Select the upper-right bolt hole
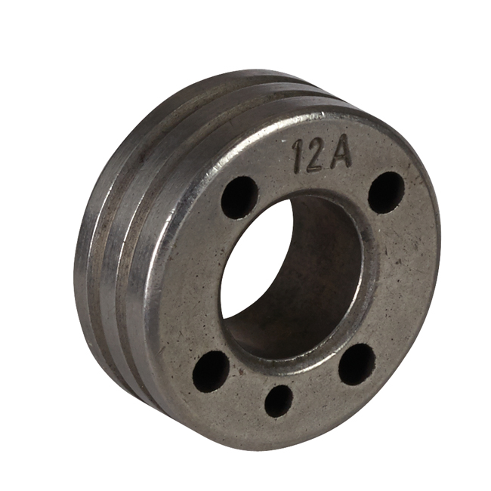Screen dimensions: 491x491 [x=387, y=190]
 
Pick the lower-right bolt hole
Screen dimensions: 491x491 [x=357, y=364]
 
